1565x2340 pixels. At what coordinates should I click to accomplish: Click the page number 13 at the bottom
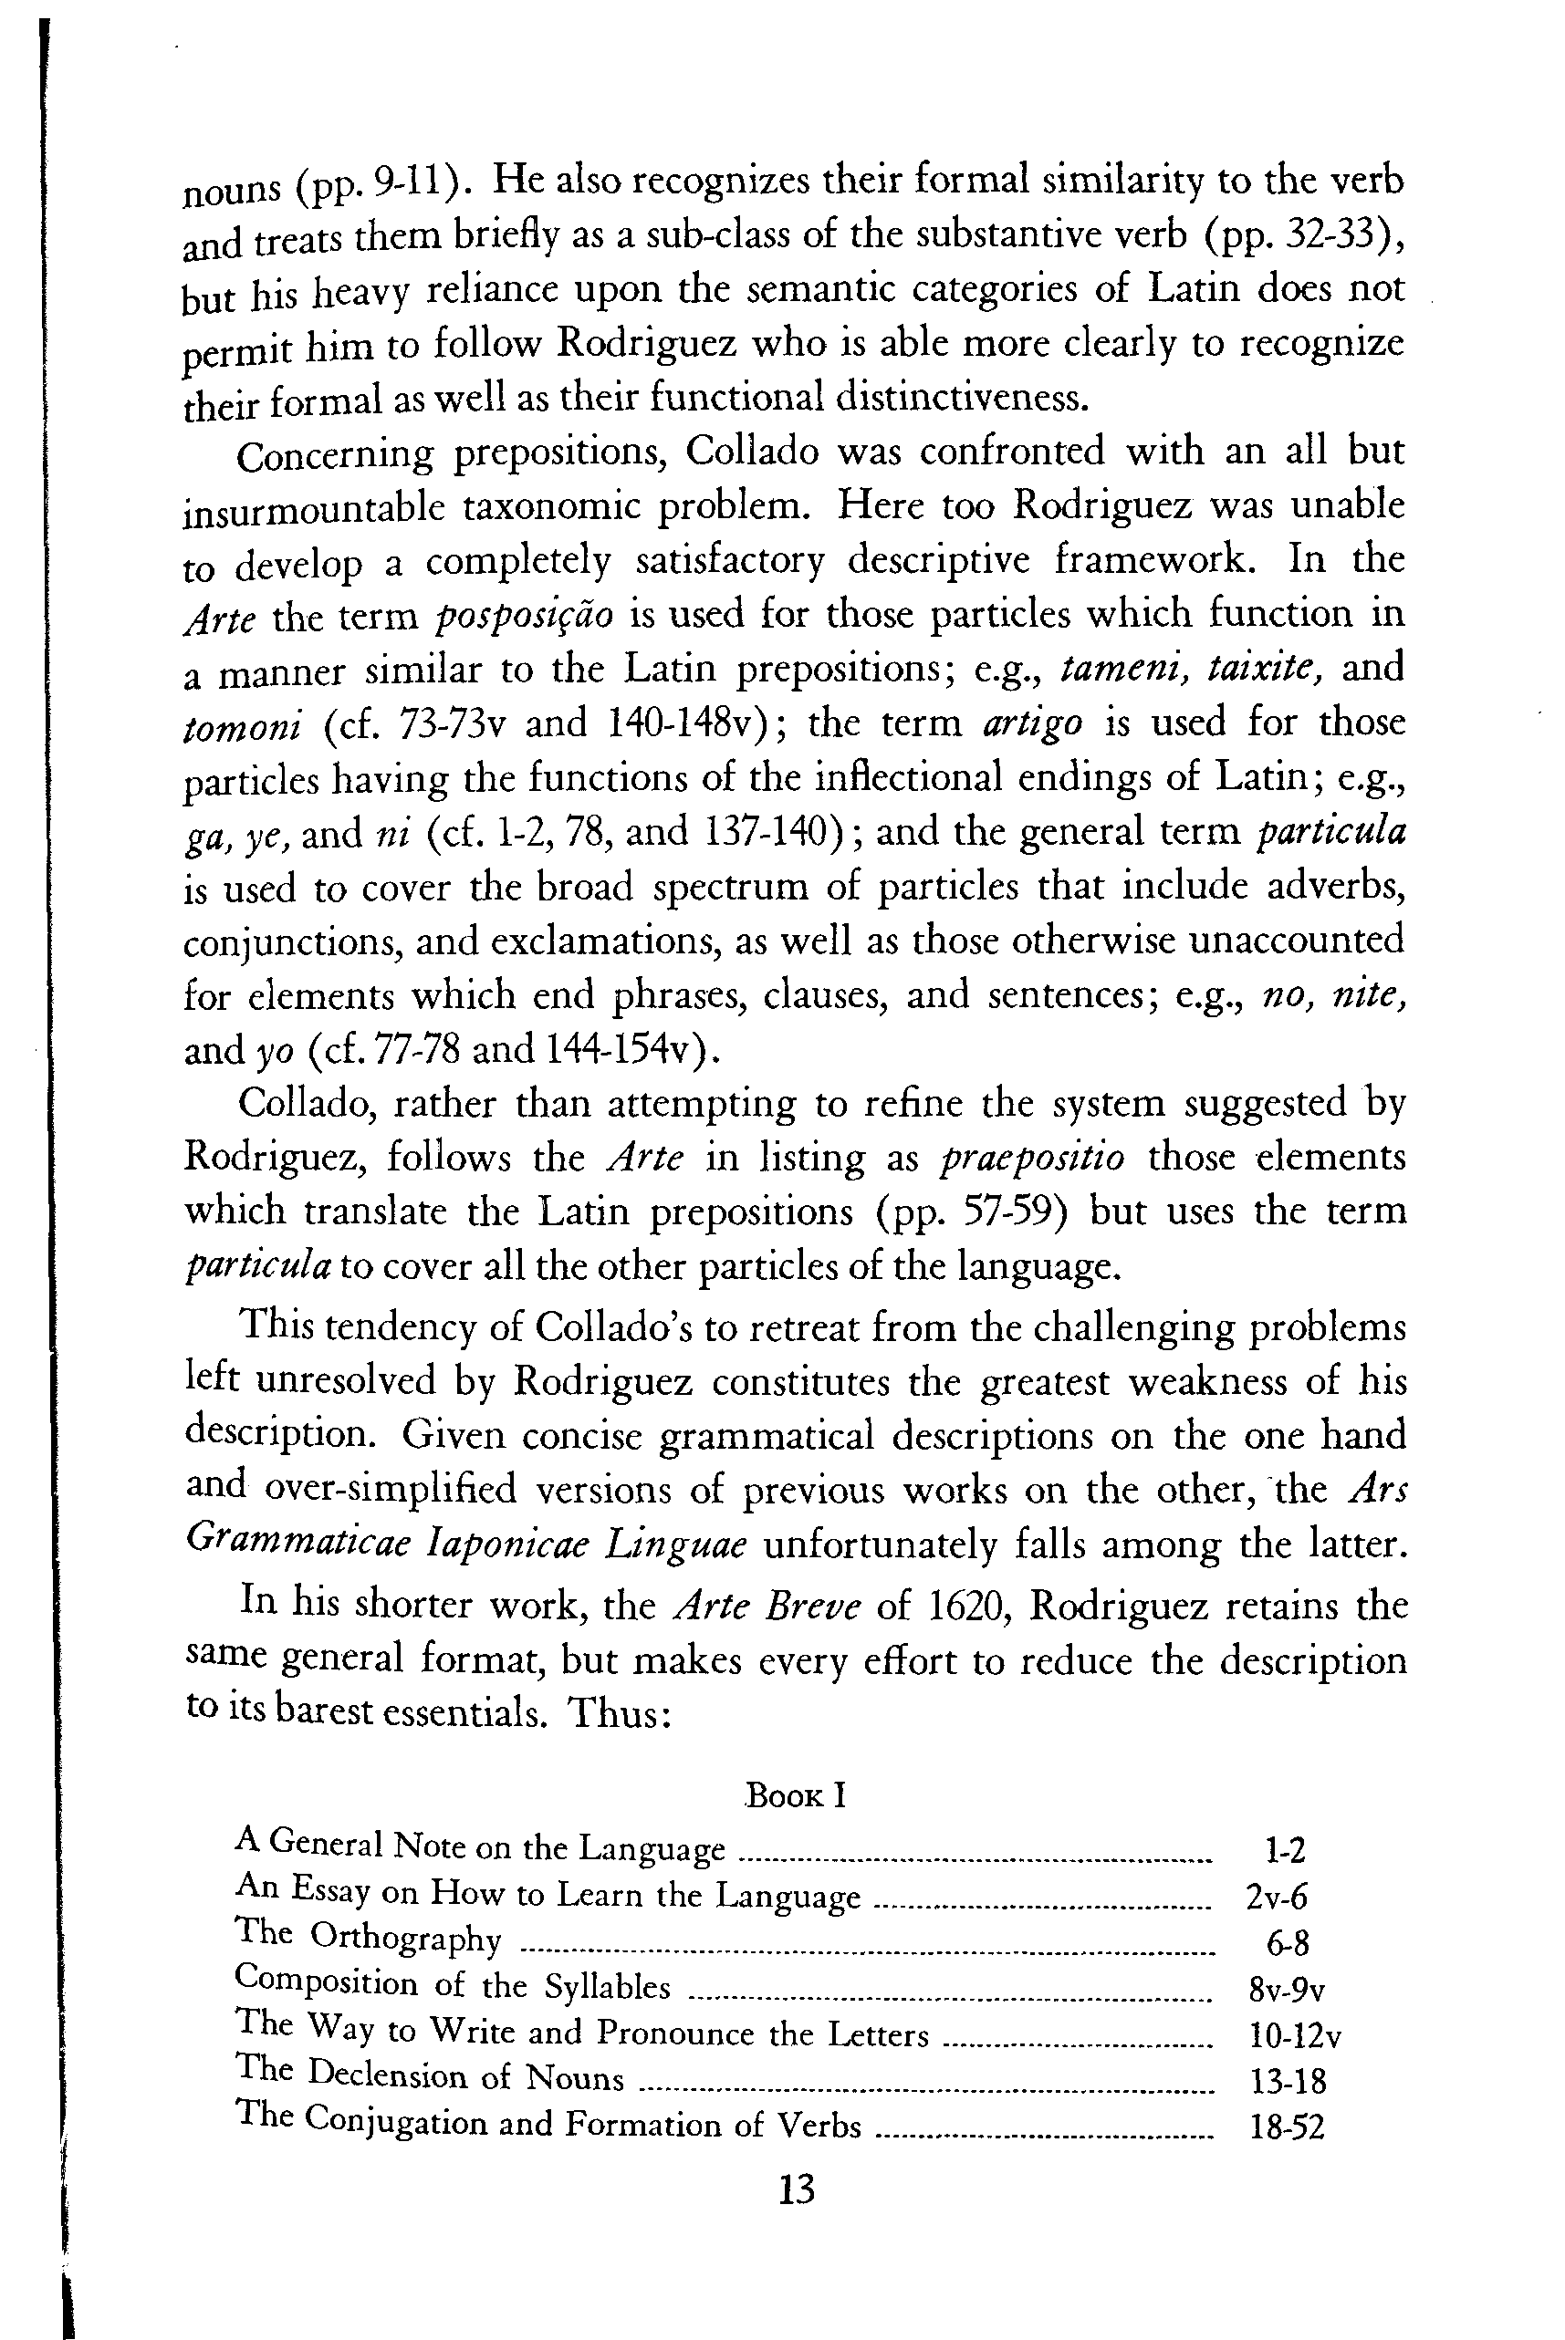[x=796, y=2190]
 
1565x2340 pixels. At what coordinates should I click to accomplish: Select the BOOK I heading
[x=796, y=1796]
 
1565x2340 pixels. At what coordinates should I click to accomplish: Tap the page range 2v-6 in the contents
[x=1277, y=1897]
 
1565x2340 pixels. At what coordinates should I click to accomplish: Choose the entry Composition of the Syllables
[x=452, y=1985]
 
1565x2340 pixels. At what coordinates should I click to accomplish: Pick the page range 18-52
[x=1287, y=2127]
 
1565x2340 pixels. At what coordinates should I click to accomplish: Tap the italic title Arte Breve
[x=767, y=1607]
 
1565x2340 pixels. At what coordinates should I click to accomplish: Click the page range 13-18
[x=1288, y=2082]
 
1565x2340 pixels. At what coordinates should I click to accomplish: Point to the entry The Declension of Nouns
[x=429, y=2076]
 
